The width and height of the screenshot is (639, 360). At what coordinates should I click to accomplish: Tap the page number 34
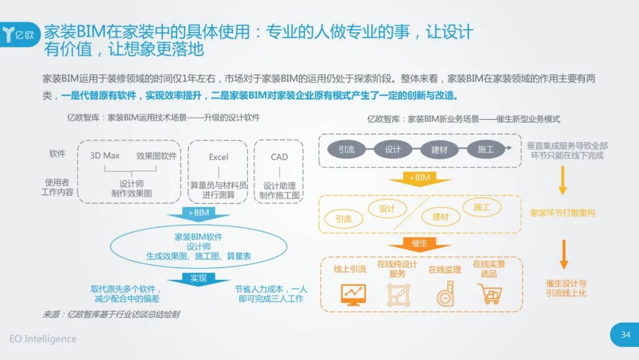625,335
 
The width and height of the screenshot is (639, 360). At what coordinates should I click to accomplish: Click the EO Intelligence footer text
43,339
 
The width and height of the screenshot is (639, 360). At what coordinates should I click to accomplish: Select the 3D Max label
105,155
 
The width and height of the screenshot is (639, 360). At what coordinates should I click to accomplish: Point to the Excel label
218,157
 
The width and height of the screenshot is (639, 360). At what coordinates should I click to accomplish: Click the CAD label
279,157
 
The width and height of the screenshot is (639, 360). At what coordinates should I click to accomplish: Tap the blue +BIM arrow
198,214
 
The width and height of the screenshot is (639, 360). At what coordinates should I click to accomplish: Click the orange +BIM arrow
419,179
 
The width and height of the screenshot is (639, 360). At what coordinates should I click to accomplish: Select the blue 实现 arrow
198,279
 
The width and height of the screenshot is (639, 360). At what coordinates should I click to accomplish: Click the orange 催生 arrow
419,245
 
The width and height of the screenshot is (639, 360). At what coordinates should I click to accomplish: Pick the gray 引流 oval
346,149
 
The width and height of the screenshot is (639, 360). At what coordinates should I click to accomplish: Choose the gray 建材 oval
439,149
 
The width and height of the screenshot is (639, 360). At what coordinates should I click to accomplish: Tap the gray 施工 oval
486,149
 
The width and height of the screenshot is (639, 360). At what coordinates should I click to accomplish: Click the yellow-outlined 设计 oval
387,209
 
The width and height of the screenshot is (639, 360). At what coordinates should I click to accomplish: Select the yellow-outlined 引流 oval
344,219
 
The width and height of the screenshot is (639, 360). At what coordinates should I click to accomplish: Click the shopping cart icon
489,294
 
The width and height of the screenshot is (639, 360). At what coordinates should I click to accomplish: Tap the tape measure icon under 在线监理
446,294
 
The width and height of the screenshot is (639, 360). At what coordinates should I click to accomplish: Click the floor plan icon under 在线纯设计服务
399,295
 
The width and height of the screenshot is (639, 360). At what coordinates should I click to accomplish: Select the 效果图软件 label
156,156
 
